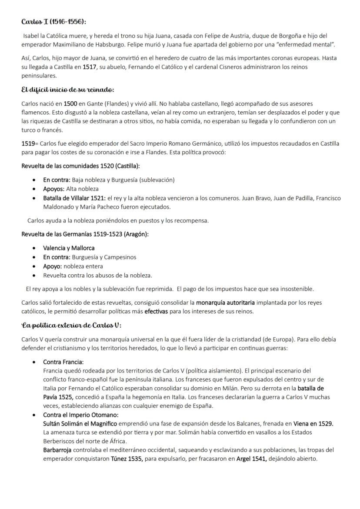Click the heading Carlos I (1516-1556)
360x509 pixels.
pyautogui.click(x=57, y=22)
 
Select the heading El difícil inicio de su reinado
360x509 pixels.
pyautogui.click(x=67, y=90)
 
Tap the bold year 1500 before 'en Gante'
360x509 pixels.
pyautogui.click(x=70, y=103)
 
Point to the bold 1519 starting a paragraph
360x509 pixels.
pyautogui.click(x=29, y=143)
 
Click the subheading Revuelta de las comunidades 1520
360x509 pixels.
pyautogui.click(x=80, y=166)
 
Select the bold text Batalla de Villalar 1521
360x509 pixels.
pyautogui.click(x=74, y=198)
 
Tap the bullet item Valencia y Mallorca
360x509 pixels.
pyautogui.click(x=69, y=248)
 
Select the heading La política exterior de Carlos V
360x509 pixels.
pyautogui.click(x=71, y=326)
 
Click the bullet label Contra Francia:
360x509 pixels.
pyautogui.click(x=63, y=362)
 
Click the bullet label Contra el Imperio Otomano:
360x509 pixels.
pyautogui.click(x=80, y=415)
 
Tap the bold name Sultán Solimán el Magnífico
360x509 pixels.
pyautogui.click(x=80, y=423)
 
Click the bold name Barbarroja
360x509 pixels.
pyautogui.click(x=57, y=449)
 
